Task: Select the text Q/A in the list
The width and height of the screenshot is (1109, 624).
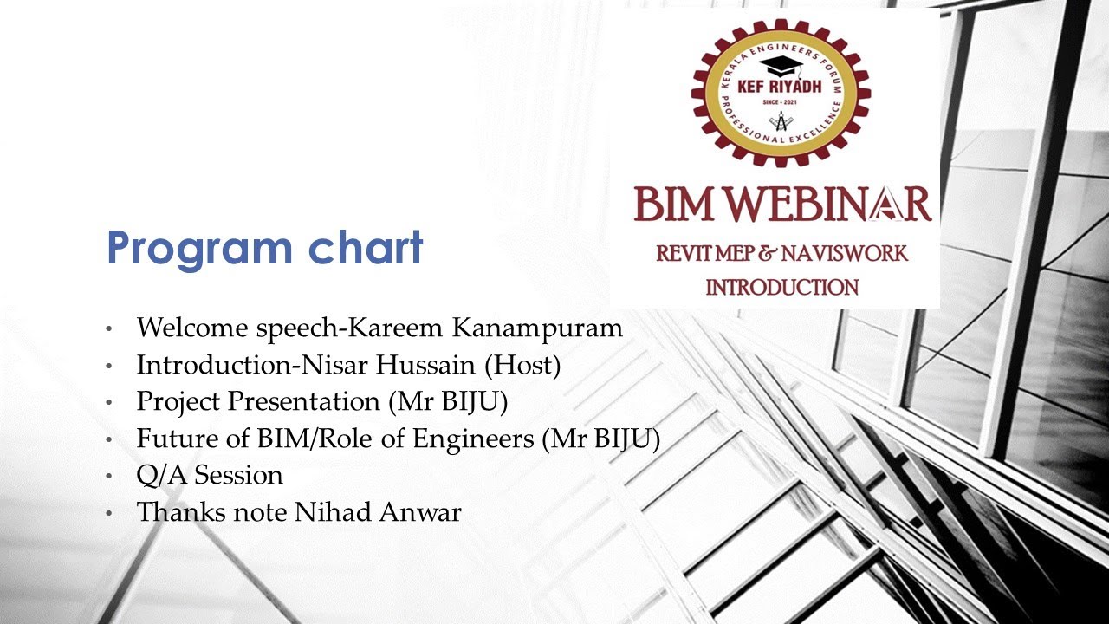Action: pyautogui.click(x=162, y=476)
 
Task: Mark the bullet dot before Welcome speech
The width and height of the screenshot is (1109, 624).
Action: pyautogui.click(x=108, y=330)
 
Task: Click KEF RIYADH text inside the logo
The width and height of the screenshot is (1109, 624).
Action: pyautogui.click(x=781, y=87)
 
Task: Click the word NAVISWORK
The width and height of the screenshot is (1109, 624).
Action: pyautogui.click(x=845, y=254)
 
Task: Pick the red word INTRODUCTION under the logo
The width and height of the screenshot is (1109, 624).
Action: pyautogui.click(x=781, y=287)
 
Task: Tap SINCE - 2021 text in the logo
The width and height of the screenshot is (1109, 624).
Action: pyautogui.click(x=781, y=103)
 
